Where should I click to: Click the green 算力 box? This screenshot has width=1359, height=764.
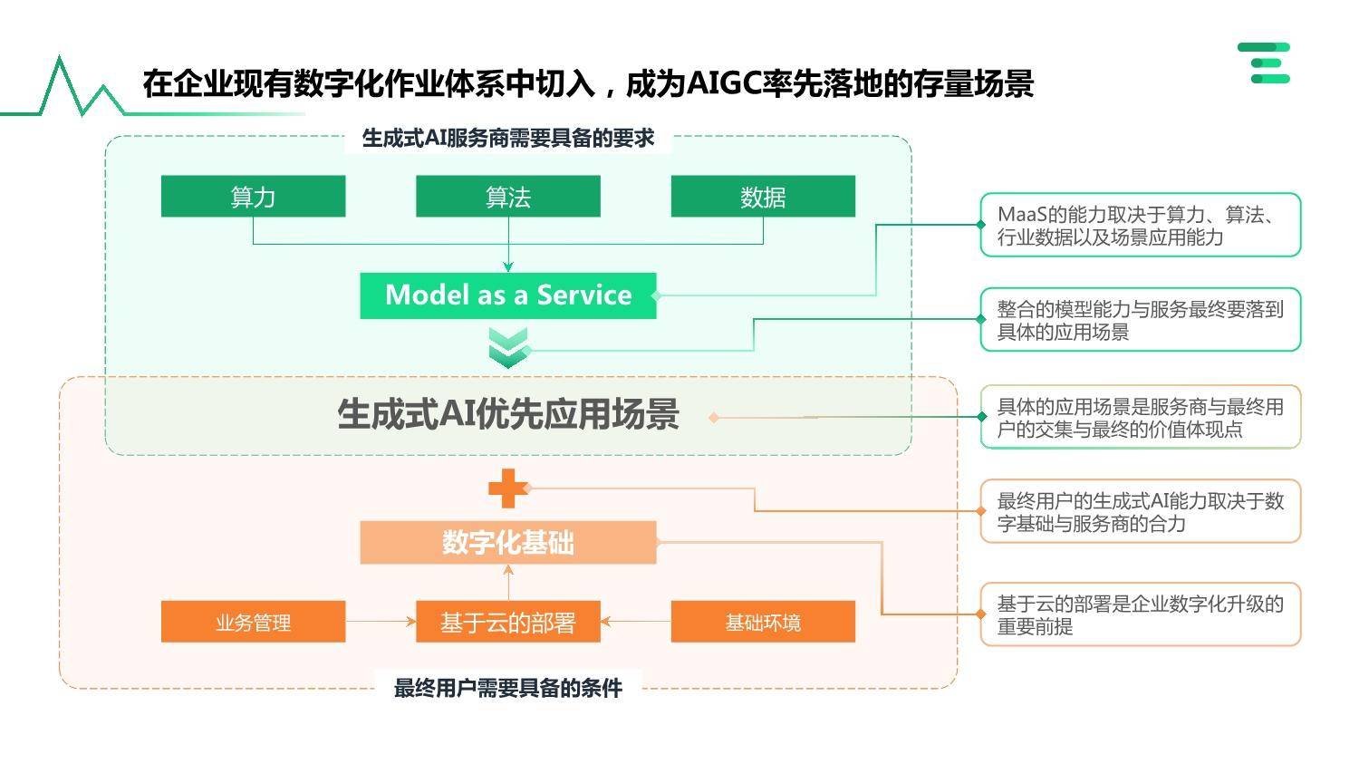coord(253,197)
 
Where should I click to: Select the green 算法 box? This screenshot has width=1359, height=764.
coord(508,197)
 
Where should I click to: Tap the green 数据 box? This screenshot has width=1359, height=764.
coord(763,197)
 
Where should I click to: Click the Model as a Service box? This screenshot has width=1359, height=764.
coord(508,295)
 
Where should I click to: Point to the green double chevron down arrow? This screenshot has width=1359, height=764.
coord(508,348)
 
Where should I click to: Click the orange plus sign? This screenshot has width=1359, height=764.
coord(508,488)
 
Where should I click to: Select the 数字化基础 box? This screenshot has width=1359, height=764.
coord(508,543)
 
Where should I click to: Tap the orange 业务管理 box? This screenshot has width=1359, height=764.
coord(253,622)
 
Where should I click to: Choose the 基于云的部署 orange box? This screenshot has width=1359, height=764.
coord(508,622)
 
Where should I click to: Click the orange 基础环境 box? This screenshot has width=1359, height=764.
coord(763,622)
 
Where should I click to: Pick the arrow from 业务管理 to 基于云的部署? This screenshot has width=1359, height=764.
coord(381,622)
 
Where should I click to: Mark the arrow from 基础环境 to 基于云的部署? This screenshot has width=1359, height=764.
coord(636,622)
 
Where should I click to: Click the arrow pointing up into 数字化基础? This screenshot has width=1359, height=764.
coord(508,583)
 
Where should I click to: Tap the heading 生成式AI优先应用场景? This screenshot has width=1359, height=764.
coord(508,414)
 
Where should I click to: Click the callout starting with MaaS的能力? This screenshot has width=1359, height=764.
coord(1141,225)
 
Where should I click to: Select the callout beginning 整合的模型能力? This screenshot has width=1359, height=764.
coord(1141,320)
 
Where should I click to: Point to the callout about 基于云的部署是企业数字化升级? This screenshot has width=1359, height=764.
coord(1141,614)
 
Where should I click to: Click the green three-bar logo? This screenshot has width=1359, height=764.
coord(1265,63)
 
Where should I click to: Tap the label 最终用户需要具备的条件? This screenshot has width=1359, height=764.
coord(508,689)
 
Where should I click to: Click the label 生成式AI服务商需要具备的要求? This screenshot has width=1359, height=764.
coord(508,139)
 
